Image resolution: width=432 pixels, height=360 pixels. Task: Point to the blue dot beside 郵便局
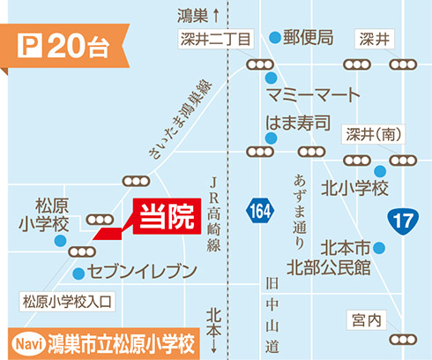point(276,38)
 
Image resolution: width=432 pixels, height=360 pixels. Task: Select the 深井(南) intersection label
point(370,134)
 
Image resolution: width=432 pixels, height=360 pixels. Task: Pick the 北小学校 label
point(354,187)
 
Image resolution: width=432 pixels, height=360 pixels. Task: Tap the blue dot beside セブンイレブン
point(78,272)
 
